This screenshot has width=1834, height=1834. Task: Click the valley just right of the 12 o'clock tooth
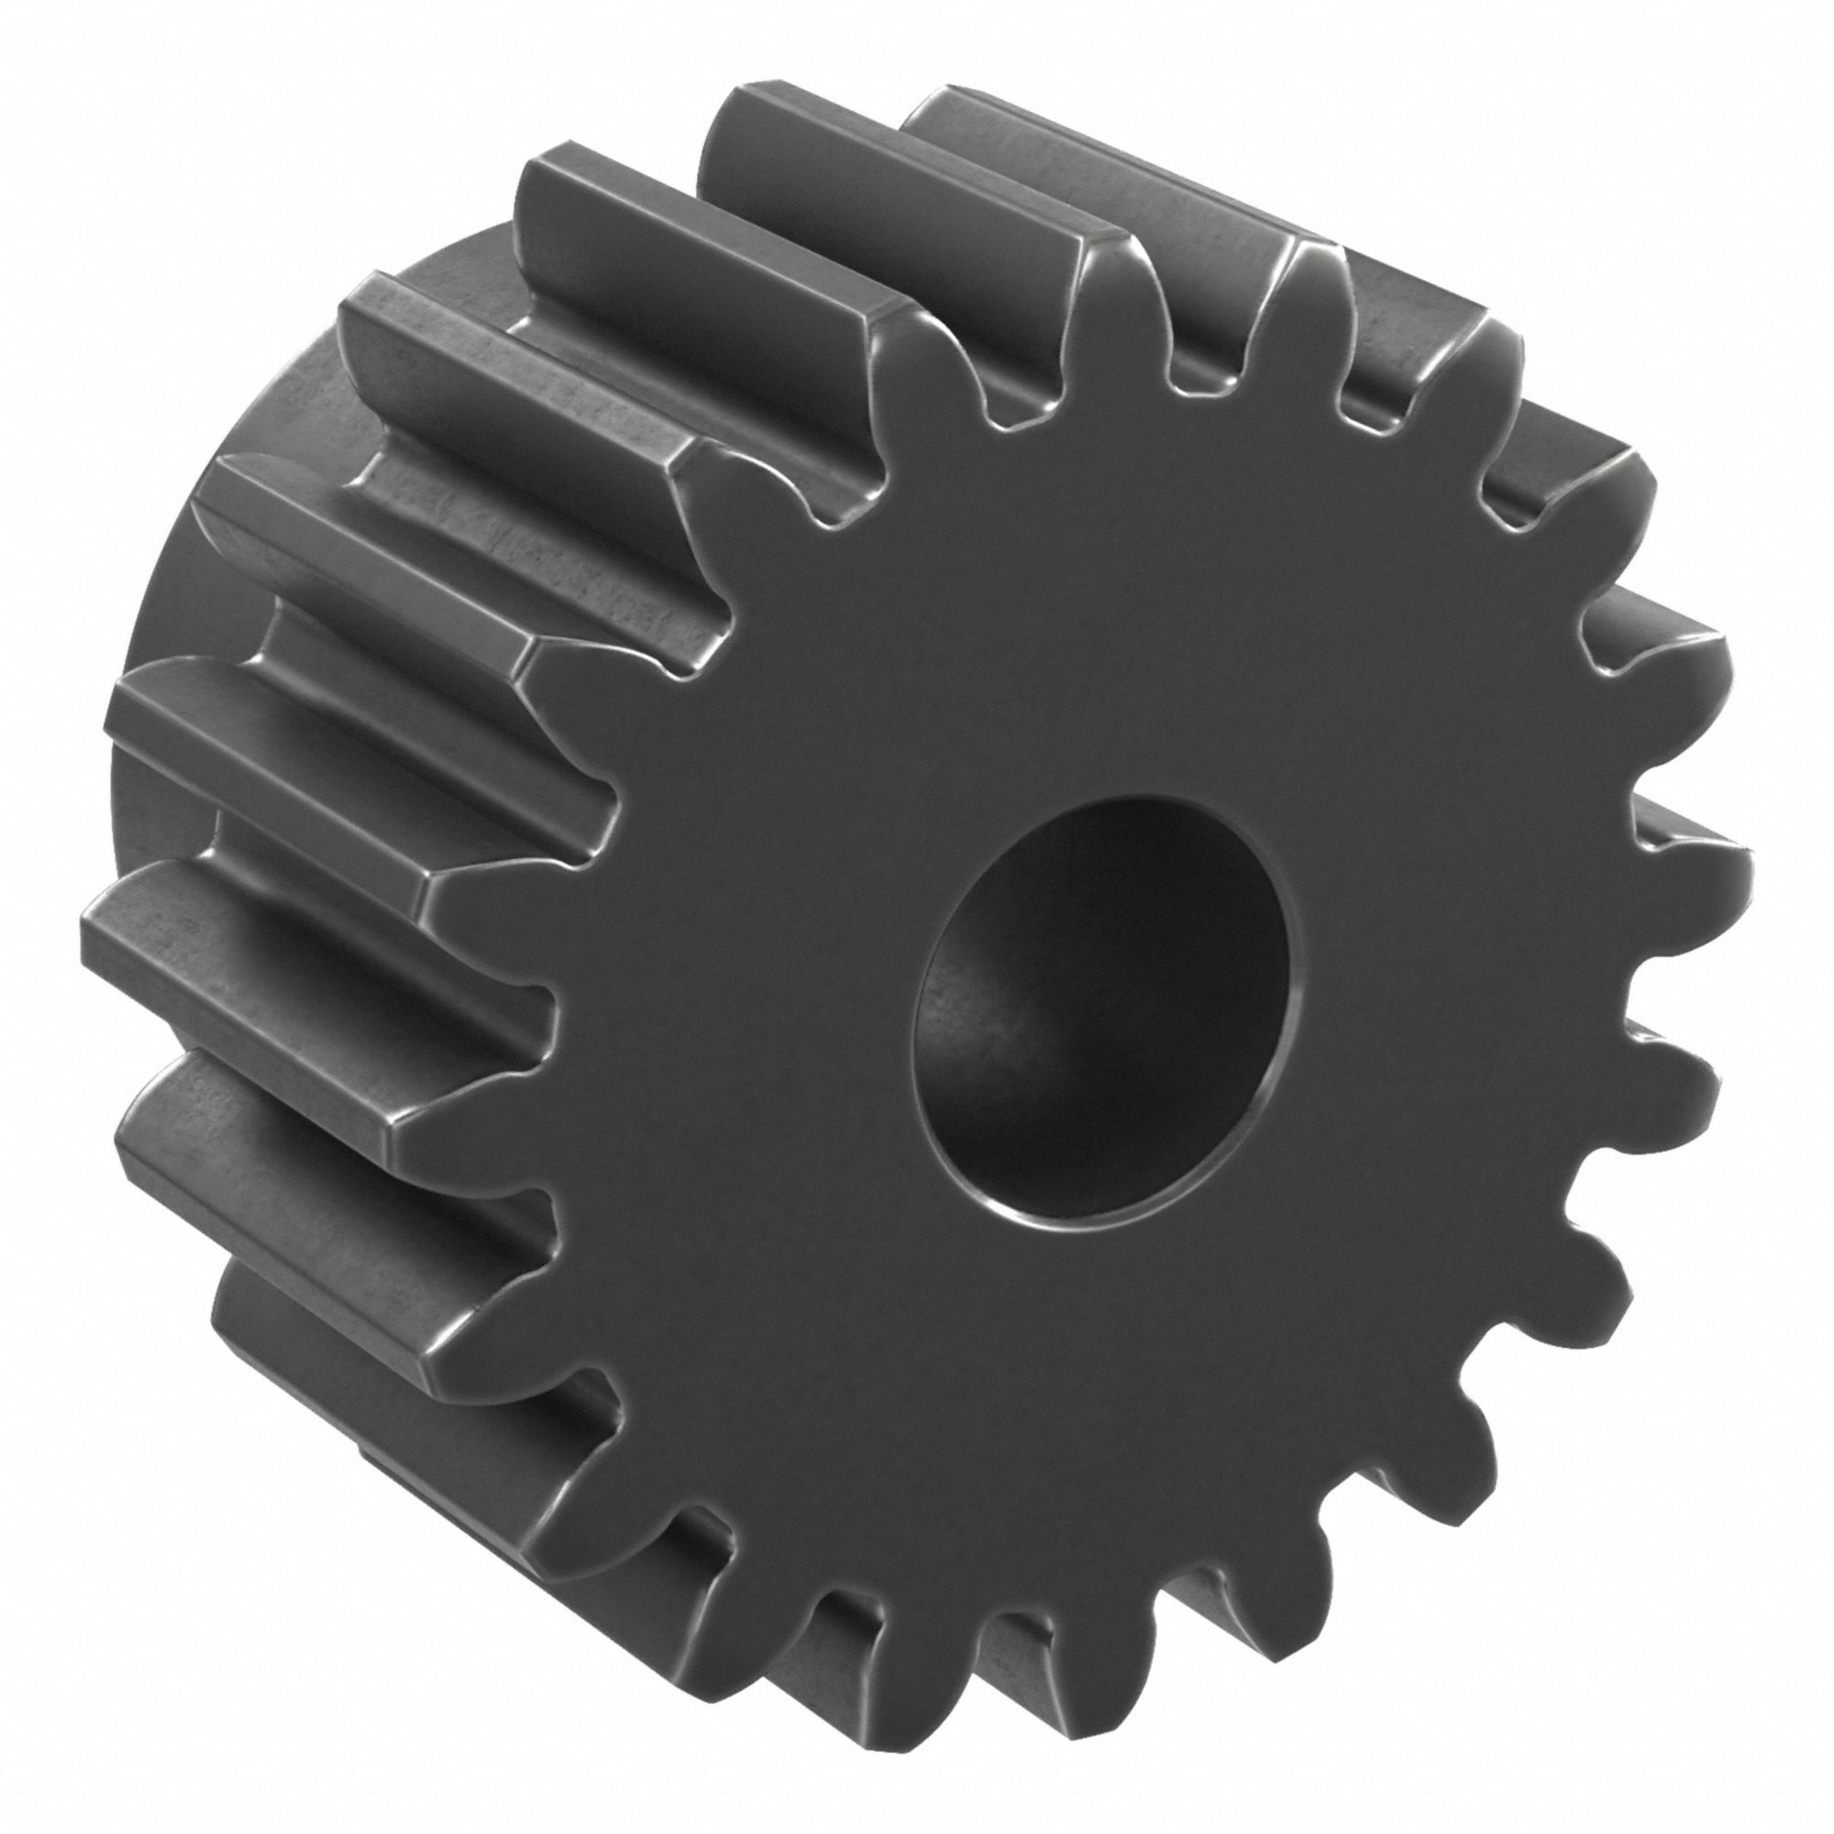pyautogui.click(x=1206, y=380)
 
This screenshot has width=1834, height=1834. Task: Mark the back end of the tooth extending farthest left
pyautogui.click(x=90, y=911)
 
